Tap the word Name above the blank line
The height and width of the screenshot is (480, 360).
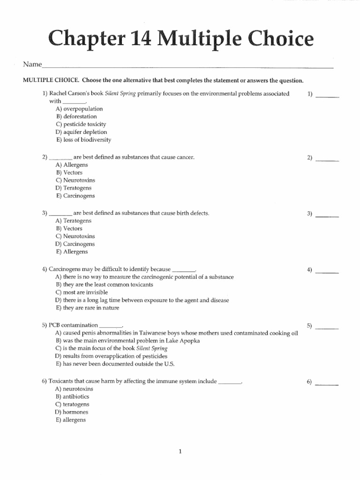(32, 64)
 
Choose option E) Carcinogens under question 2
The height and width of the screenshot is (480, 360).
(75, 196)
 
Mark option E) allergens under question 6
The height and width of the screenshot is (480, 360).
(71, 420)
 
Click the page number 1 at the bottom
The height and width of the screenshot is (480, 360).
(180, 451)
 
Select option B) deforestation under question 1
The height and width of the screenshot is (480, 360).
(76, 116)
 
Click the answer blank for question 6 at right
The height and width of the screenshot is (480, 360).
(327, 384)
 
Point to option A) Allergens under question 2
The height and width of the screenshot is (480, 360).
(72, 165)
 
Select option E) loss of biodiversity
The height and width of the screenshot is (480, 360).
(83, 140)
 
